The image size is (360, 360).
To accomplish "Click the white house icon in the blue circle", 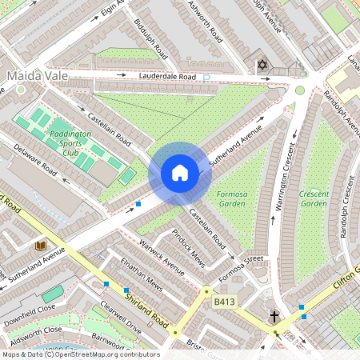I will pyautogui.click(x=180, y=172).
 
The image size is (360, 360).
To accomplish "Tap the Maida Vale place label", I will pyautogui.click(x=33, y=77).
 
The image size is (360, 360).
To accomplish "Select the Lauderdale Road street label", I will pyautogui.click(x=166, y=77).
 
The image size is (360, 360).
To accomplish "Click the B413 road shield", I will pyautogui.click(x=225, y=302).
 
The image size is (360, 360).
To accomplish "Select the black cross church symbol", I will pyautogui.click(x=274, y=317).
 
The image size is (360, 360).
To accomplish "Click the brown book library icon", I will pyautogui.click(x=41, y=244).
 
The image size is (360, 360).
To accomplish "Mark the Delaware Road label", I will pyautogui.click(x=37, y=160).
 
